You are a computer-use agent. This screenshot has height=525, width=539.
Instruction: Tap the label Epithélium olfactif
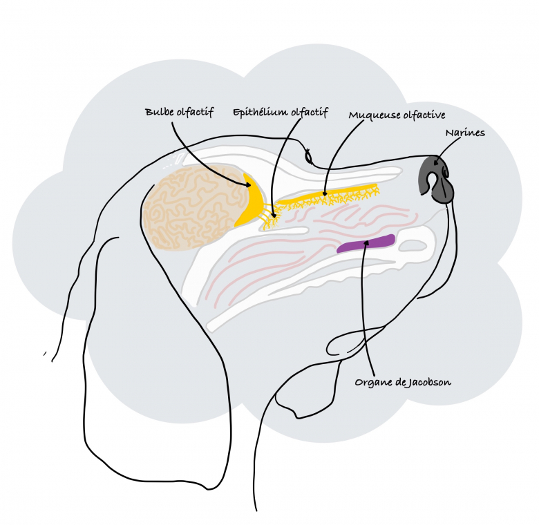coord(280,111)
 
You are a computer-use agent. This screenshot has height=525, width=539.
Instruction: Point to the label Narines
coord(464,132)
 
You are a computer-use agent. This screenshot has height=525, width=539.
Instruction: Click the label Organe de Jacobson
coord(403,381)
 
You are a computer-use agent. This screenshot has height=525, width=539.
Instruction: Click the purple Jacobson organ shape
coord(366,244)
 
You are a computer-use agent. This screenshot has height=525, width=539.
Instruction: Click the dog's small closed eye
coord(309,158)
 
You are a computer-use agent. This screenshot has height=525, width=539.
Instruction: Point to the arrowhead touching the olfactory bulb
coord(247,184)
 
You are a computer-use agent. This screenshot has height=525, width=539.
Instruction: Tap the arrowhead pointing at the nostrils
coord(436,165)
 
